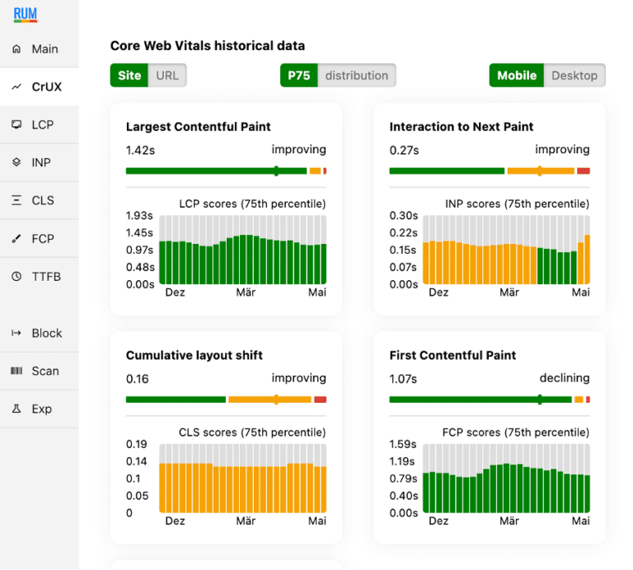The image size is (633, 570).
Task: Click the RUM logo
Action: [26, 14]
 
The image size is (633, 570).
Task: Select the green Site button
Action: [129, 75]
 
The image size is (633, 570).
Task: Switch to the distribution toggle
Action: [356, 75]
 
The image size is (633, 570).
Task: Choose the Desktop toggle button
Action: [574, 75]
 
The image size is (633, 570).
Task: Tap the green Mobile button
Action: [517, 75]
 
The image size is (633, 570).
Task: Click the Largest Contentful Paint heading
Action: [198, 127]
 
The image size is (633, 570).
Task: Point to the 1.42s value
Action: [140, 150]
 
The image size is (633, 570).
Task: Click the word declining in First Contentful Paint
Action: [565, 378]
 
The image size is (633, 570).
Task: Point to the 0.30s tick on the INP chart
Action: [403, 216]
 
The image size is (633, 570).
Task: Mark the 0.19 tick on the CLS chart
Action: [136, 444]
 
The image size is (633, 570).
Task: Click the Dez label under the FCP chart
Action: [438, 521]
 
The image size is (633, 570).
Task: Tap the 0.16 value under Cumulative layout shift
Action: [137, 379]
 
